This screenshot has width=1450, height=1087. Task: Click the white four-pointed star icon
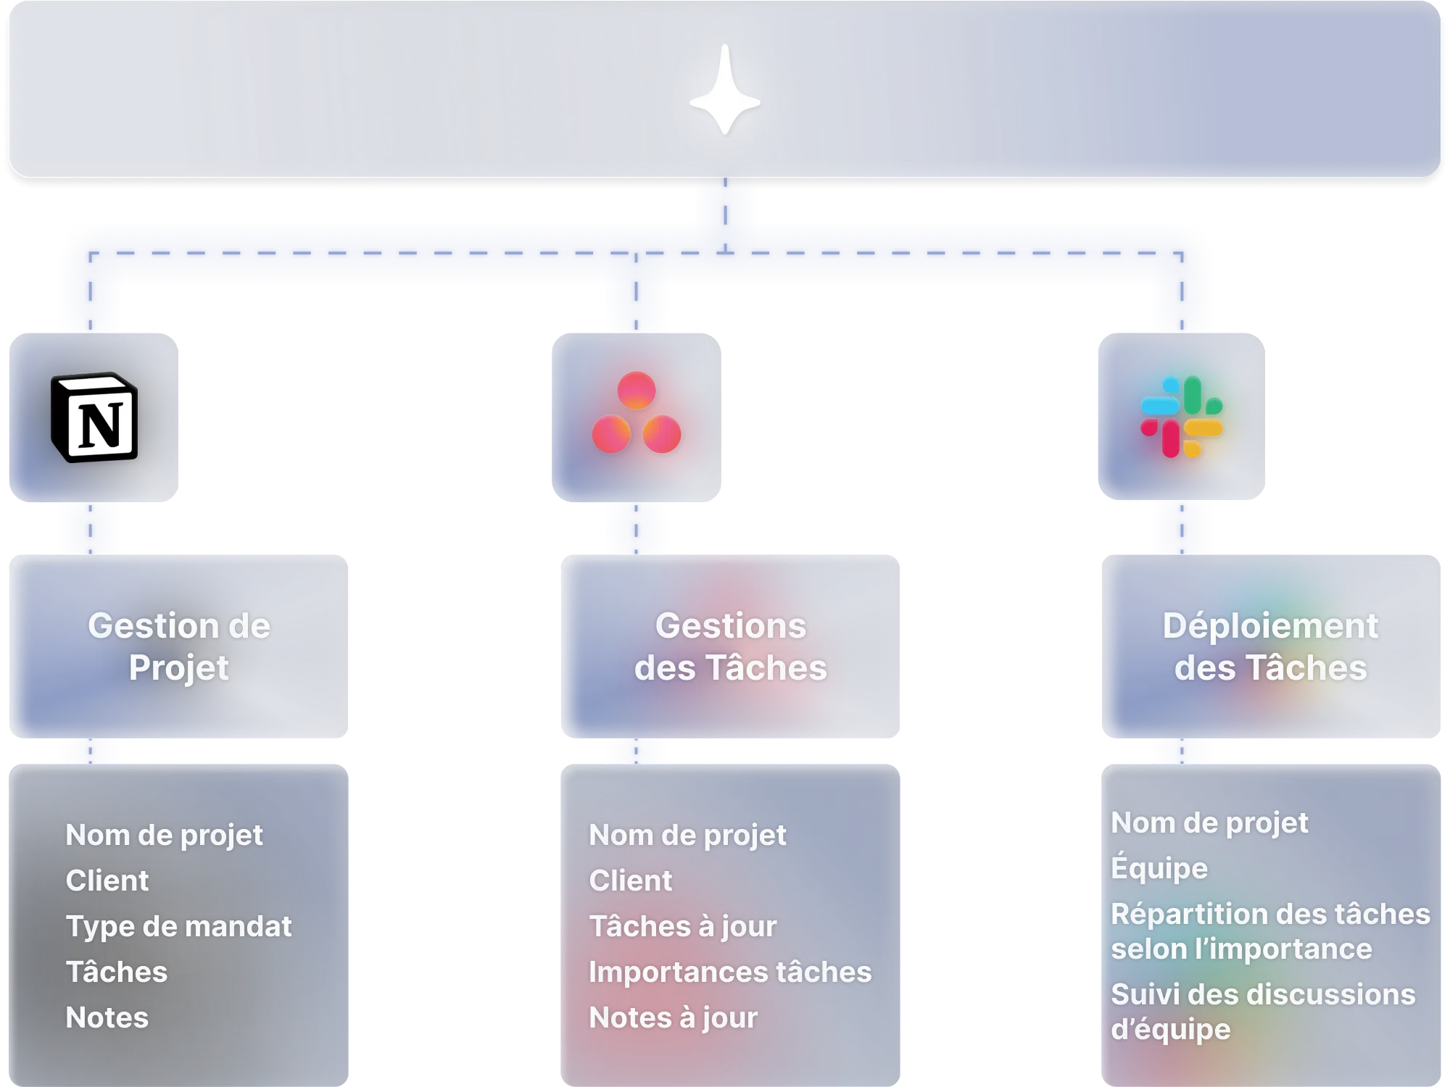(725, 91)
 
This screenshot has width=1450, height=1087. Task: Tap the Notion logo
(94, 418)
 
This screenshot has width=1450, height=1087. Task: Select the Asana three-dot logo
(637, 415)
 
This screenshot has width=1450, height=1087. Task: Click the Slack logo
(1182, 417)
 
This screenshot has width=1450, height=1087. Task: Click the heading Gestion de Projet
(179, 646)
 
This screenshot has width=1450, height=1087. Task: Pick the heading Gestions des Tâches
(731, 646)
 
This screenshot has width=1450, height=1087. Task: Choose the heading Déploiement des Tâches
(1271, 646)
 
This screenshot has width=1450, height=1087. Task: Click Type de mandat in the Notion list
(178, 926)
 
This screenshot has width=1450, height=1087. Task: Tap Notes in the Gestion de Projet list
(107, 1017)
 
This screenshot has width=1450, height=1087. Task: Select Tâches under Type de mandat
(117, 972)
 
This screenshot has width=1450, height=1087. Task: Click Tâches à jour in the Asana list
(682, 926)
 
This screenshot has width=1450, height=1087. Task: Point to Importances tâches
(730, 972)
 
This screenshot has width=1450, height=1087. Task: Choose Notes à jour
(673, 1017)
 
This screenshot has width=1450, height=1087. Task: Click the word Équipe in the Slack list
(1159, 868)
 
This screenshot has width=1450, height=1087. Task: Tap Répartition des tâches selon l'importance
(1270, 931)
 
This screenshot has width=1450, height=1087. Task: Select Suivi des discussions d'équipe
(1263, 1012)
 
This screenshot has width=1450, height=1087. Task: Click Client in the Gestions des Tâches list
(630, 880)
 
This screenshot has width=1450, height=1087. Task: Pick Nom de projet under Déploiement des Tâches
(1209, 822)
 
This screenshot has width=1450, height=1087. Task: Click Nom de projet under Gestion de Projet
(164, 835)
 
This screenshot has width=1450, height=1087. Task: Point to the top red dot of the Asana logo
(637, 391)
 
